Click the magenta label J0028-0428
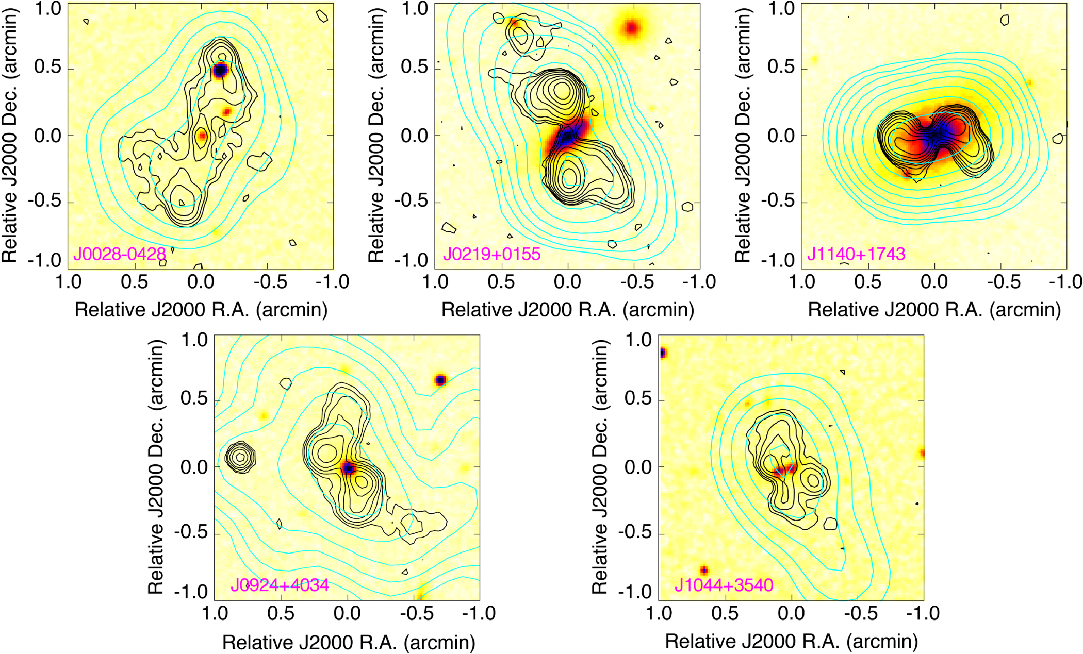coord(119,254)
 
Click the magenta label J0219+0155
coord(491,254)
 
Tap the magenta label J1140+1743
coord(856,254)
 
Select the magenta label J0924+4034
coord(280,585)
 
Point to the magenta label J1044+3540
coord(724,585)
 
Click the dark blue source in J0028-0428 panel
coord(220,70)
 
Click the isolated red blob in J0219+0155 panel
coord(631,28)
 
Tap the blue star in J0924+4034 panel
coord(440,380)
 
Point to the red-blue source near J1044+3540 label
coord(704,571)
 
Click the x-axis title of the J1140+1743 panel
coord(934,310)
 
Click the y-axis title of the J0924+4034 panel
coord(155,467)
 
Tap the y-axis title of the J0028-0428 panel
coord(10,135)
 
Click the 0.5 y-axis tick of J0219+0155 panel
coord(414,68)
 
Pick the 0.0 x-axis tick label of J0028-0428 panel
coord(201,282)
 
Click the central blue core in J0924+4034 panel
coord(348,468)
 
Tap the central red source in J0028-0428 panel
coord(202,136)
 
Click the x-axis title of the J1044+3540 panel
coord(791,642)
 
